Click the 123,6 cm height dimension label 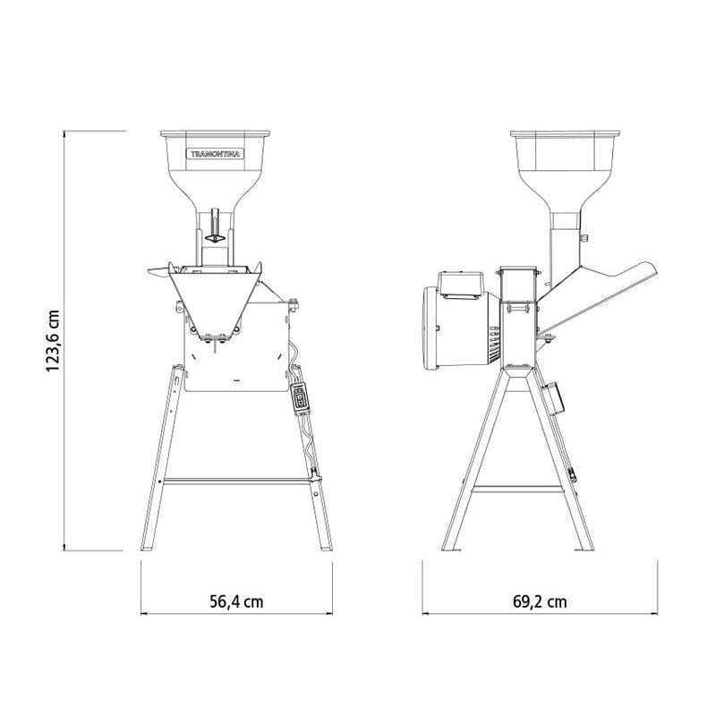[53, 341]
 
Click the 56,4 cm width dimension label [236, 601]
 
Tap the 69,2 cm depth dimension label [540, 601]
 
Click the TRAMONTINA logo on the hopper [215, 154]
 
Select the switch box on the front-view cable [300, 398]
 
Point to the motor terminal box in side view [461, 286]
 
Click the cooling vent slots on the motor [494, 344]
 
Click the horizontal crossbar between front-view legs [237, 481]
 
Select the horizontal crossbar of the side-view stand [517, 489]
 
